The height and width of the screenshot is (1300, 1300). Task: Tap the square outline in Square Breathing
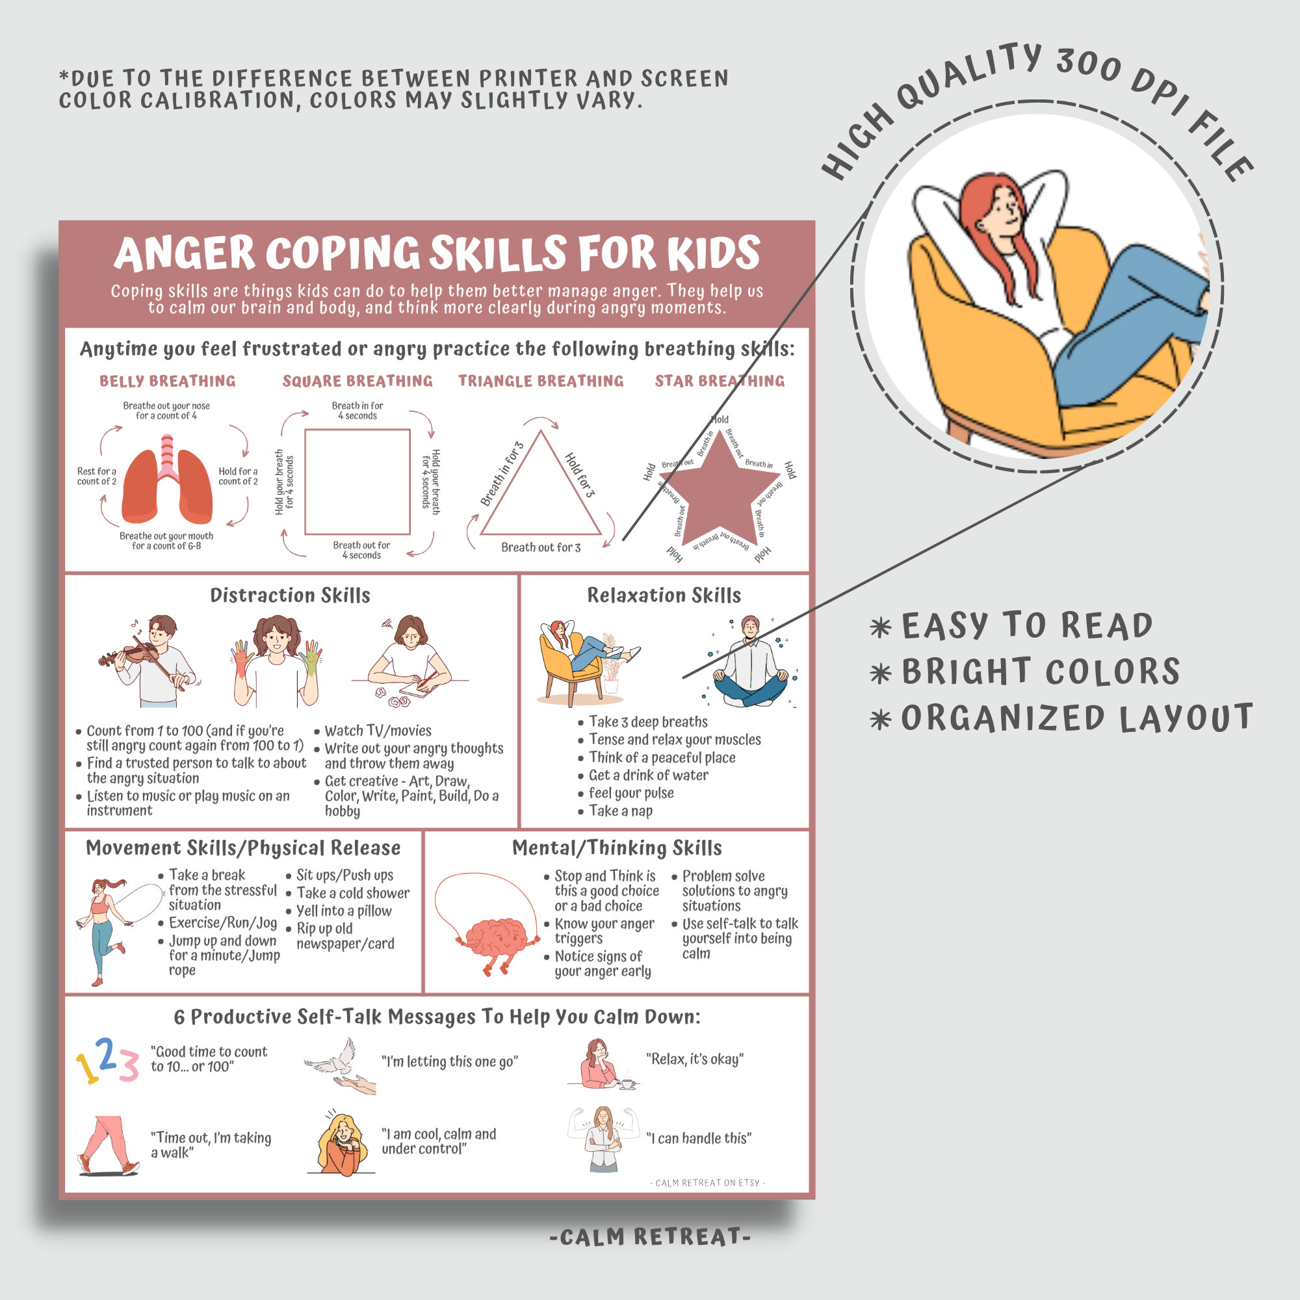(x=357, y=482)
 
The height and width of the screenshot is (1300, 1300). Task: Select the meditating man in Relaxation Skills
(x=749, y=662)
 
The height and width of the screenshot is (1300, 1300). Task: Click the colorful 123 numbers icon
(x=108, y=1061)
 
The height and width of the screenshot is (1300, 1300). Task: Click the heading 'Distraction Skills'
(x=290, y=595)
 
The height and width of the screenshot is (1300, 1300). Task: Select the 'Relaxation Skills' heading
(x=664, y=595)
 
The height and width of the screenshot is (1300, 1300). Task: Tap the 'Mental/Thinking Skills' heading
(x=617, y=848)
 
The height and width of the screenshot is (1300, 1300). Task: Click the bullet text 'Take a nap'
(x=620, y=811)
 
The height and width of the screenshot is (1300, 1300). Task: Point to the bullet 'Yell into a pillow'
(x=344, y=911)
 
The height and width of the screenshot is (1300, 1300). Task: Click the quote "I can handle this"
(x=699, y=1139)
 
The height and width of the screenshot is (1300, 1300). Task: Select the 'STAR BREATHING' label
(x=720, y=381)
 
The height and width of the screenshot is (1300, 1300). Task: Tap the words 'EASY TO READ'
(x=1026, y=626)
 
